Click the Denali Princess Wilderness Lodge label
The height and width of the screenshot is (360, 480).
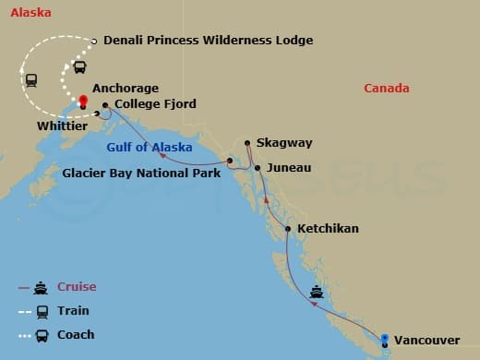pyautogui.click(x=209, y=41)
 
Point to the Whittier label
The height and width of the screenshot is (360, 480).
pyautogui.click(x=63, y=125)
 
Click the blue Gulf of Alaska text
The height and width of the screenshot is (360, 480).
pyautogui.click(x=150, y=148)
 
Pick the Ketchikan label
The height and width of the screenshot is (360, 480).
pyautogui.click(x=328, y=228)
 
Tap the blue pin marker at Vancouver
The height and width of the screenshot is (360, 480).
pyautogui.click(x=385, y=337)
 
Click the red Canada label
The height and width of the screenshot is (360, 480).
pyautogui.click(x=387, y=89)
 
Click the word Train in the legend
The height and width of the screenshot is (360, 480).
pyautogui.click(x=74, y=311)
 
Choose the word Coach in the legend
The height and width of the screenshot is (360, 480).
pyautogui.click(x=76, y=334)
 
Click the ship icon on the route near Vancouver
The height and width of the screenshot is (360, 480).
pyautogui.click(x=317, y=293)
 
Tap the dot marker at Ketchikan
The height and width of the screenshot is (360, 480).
pyautogui.click(x=288, y=229)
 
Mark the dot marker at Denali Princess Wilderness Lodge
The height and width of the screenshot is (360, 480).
pyautogui.click(x=95, y=41)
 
